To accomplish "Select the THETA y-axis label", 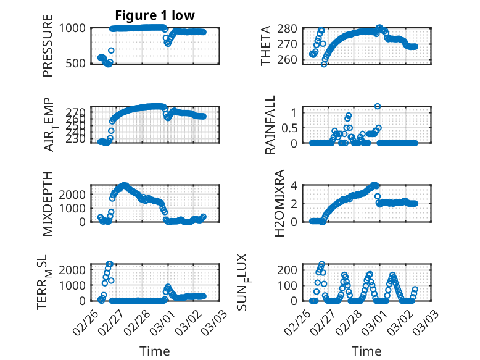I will coord(266,46).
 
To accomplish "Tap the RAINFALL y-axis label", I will coord(270,126).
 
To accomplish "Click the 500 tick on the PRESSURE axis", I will coord(77,63).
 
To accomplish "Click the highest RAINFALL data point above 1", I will coord(378,106).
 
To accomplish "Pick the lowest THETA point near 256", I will coord(324,64).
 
